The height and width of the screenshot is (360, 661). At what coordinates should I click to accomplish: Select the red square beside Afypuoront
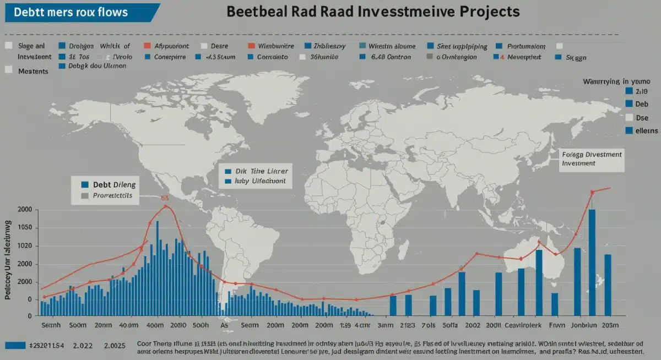[147, 47]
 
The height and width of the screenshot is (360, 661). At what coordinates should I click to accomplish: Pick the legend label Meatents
[32, 71]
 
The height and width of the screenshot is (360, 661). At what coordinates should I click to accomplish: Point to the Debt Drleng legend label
[115, 185]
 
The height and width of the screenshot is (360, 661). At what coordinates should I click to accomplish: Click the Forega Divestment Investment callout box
[590, 159]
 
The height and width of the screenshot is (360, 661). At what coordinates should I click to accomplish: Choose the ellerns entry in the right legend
[646, 131]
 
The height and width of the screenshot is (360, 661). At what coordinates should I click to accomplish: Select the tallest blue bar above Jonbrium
[592, 261]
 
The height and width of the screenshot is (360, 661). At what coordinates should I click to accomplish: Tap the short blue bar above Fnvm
[555, 303]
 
